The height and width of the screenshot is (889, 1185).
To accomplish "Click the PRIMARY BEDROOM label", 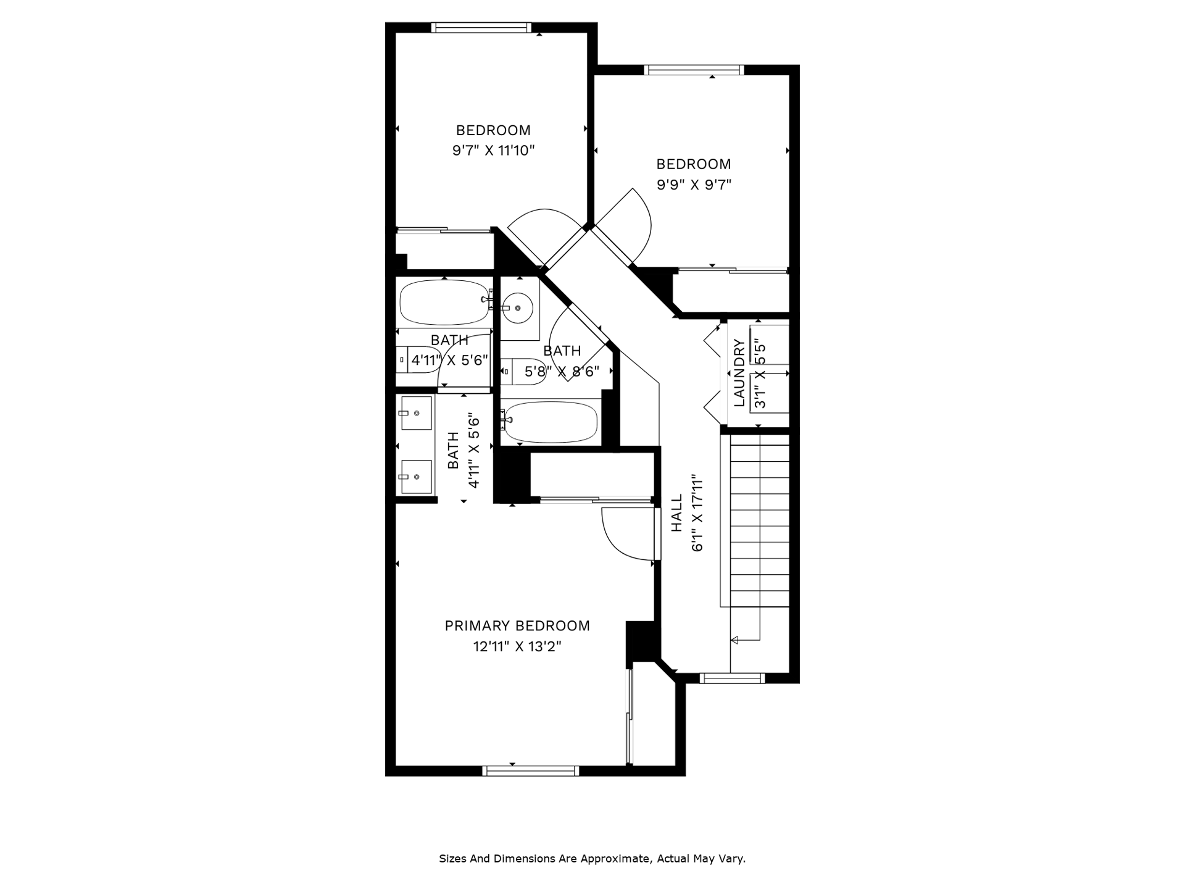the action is pyautogui.click(x=517, y=626).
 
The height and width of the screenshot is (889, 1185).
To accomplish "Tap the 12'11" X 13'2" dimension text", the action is pyautogui.click(x=517, y=647).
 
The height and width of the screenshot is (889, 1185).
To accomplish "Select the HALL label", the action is pyautogui.click(x=677, y=512).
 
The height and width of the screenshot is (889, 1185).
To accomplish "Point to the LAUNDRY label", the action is pyautogui.click(x=739, y=373).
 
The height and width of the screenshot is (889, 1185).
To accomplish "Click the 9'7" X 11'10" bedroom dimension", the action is pyautogui.click(x=494, y=150).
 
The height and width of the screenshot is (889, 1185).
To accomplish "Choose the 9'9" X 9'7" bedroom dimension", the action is pyautogui.click(x=694, y=185).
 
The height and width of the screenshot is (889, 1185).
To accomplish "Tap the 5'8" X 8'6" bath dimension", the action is pyautogui.click(x=562, y=372).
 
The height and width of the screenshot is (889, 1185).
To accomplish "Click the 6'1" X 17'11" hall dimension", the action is pyautogui.click(x=698, y=512).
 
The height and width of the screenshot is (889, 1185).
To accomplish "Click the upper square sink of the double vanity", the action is pyautogui.click(x=416, y=413).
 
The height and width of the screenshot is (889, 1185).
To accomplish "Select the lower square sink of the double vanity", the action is pyautogui.click(x=416, y=477).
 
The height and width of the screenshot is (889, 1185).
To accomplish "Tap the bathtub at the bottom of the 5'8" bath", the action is pyautogui.click(x=550, y=422).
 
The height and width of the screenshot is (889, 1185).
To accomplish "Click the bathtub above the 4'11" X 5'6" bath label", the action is pyautogui.click(x=444, y=303).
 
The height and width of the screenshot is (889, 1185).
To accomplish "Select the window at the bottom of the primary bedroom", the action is pyautogui.click(x=530, y=770).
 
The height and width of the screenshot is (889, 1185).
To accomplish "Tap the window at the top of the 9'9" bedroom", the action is pyautogui.click(x=694, y=70).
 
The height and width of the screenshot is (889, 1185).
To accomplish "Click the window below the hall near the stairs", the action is pyautogui.click(x=732, y=678).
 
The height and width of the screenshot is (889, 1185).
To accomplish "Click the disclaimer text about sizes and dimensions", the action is pyautogui.click(x=592, y=859).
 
